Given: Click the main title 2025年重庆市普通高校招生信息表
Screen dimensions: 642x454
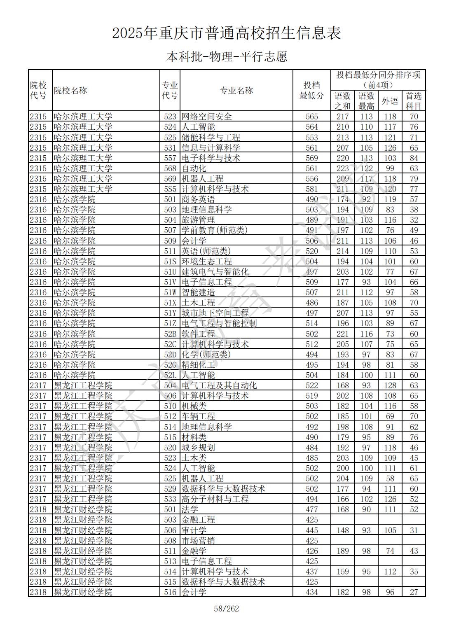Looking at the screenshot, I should pyautogui.click(x=227, y=33).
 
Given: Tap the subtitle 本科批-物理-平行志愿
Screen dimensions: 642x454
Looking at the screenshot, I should pyautogui.click(x=227, y=56).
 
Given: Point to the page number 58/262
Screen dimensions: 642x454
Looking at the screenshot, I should pyautogui.click(x=227, y=608).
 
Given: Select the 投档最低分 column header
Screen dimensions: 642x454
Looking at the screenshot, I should pyautogui.click(x=311, y=91).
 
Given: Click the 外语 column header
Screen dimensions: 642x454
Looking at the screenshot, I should pyautogui.click(x=390, y=101).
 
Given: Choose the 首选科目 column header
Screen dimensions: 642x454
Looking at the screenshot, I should pyautogui.click(x=414, y=101).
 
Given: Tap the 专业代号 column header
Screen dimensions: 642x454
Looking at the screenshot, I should pyautogui.click(x=170, y=91).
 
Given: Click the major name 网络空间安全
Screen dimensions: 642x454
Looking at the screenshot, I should pyautogui.click(x=207, y=117).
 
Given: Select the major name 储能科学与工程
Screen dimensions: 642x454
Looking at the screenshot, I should pyautogui.click(x=211, y=138).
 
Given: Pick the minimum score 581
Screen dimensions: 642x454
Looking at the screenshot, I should pyautogui.click(x=312, y=189).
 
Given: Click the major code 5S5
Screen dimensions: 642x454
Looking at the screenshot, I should pyautogui.click(x=170, y=189).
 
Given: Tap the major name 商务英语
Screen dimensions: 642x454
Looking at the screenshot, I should pyautogui.click(x=198, y=199).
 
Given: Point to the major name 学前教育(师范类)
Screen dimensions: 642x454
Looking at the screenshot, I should pyautogui.click(x=215, y=230).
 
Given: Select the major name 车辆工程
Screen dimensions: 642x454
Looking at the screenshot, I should pyautogui.click(x=198, y=416).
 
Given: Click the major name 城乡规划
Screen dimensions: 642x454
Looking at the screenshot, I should pyautogui.click(x=198, y=448).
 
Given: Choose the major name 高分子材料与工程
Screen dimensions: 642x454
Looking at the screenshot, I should pyautogui.click(x=215, y=499).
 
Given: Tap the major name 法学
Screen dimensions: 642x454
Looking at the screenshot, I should pyautogui.click(x=190, y=509).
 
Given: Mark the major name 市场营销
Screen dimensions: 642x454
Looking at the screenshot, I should pyautogui.click(x=198, y=541).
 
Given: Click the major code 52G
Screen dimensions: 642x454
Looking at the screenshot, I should pyautogui.click(x=170, y=365).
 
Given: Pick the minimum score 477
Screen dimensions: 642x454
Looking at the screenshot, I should pyautogui.click(x=312, y=509).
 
